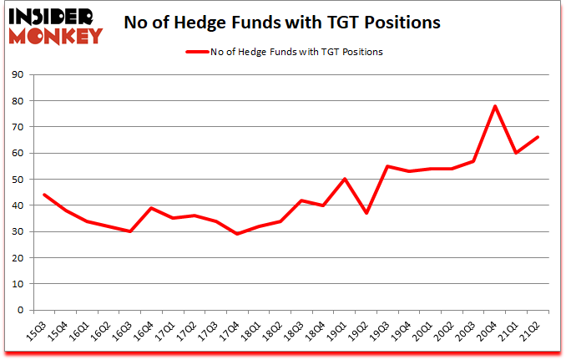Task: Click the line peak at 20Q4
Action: (x=495, y=106)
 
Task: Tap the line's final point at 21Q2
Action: (x=538, y=137)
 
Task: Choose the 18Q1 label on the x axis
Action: (x=252, y=332)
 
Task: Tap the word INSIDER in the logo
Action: (x=52, y=15)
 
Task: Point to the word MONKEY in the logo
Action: (x=56, y=35)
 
